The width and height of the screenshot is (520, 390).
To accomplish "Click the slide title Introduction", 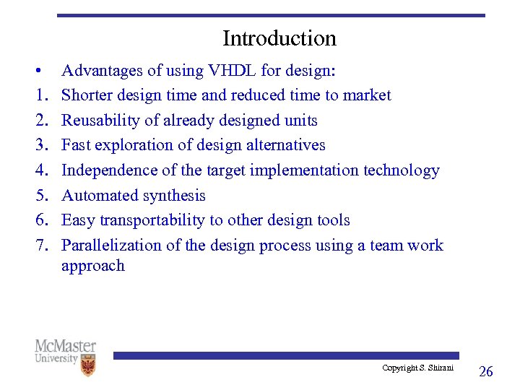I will click(279, 38).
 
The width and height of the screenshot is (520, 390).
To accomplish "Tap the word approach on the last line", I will click(92, 266).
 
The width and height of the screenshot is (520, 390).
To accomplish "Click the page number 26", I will click(486, 371).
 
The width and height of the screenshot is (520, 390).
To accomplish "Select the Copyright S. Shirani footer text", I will click(417, 368).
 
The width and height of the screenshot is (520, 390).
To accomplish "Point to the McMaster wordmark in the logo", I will click(65, 346).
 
